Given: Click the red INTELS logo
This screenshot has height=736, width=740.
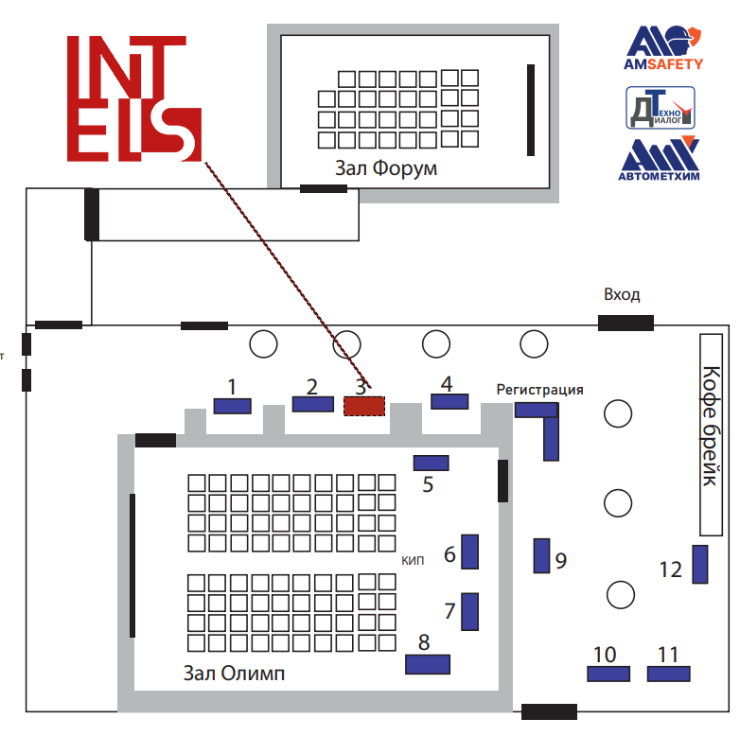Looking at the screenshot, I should [133, 98].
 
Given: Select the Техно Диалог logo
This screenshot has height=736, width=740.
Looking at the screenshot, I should [661, 107].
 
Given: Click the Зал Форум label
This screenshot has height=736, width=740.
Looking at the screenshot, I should [386, 168].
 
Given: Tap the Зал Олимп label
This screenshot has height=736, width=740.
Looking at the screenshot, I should [234, 674].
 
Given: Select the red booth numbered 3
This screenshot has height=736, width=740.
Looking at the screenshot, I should [364, 406].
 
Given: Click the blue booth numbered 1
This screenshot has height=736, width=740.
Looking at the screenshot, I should [232, 406].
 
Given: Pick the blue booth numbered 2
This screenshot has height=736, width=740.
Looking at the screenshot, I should [312, 404].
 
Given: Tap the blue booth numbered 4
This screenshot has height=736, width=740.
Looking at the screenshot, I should [449, 402].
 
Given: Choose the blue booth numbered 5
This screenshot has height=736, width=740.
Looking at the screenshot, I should [432, 463].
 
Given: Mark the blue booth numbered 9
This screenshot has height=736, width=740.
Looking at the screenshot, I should [541, 555].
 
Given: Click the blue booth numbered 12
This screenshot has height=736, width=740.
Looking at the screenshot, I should [700, 564].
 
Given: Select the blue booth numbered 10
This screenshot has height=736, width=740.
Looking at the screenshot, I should [608, 674].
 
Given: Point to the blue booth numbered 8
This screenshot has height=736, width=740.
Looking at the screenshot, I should [427, 664].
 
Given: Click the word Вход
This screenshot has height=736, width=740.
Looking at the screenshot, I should [622, 294].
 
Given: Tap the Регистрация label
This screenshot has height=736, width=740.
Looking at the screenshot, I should [539, 389].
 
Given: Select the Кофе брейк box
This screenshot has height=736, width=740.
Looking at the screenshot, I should [713, 432].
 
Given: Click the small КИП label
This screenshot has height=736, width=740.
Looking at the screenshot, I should [413, 560].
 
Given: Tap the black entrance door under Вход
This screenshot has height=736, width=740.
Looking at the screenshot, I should [625, 323].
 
